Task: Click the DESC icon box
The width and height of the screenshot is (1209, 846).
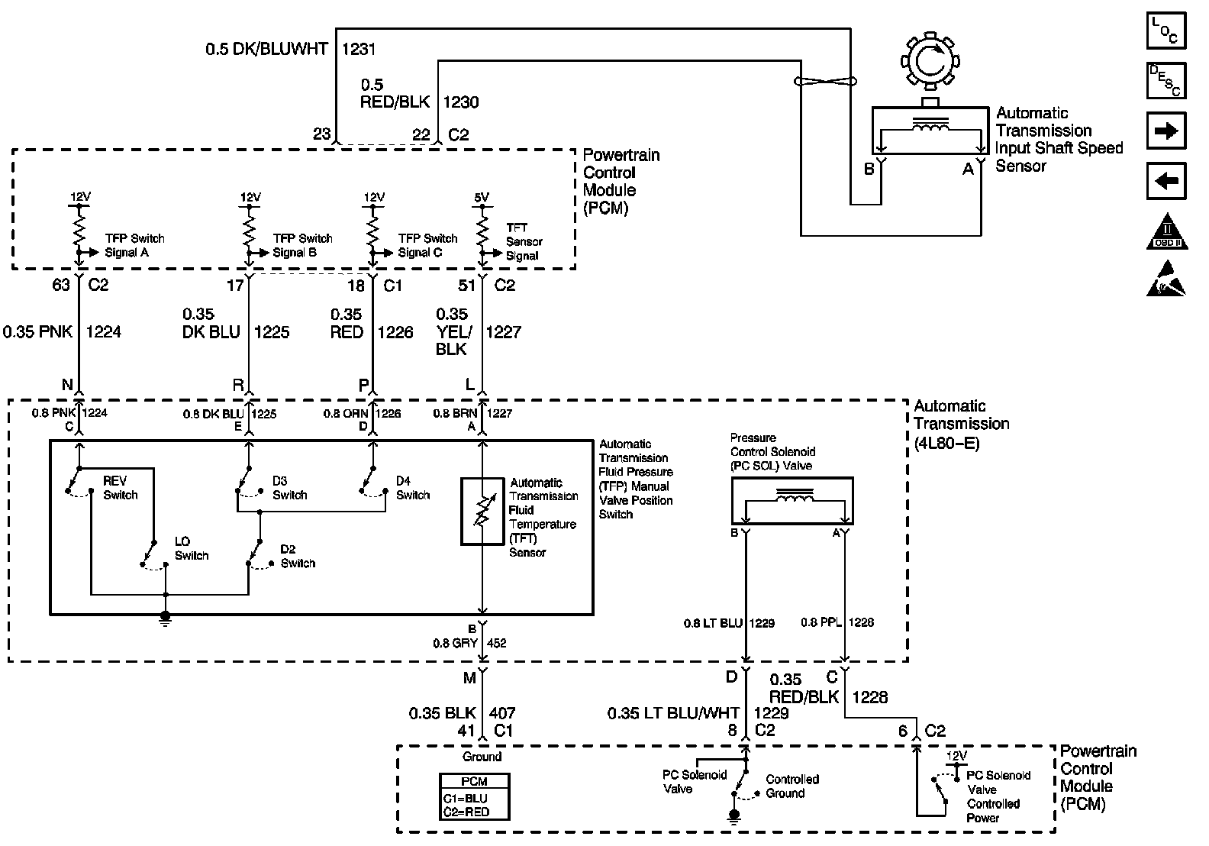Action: pos(1167,80)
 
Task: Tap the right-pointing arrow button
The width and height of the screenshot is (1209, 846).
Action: pos(1167,131)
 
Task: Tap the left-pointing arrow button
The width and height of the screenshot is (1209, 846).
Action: pos(1167,182)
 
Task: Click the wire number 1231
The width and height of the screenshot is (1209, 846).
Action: pos(358,50)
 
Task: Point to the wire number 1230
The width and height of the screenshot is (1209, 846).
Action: pos(461,102)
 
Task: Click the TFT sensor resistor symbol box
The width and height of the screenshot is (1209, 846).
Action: pos(482,512)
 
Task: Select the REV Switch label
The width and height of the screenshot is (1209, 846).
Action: pos(120,488)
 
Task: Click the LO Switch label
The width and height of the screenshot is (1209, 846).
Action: pos(191,549)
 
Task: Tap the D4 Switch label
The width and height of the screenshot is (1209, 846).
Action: pos(412,488)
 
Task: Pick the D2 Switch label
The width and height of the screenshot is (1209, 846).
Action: pos(297,556)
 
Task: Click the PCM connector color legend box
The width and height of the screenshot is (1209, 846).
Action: pos(474,797)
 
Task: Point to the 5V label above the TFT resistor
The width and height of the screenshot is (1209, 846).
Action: pos(482,197)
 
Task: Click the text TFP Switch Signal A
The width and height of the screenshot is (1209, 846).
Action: pos(133,245)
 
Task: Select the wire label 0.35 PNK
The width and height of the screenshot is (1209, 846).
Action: pos(38,332)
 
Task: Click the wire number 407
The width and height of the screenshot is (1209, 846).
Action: pos(502,713)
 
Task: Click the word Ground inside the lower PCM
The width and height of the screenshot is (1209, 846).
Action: pos(482,757)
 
